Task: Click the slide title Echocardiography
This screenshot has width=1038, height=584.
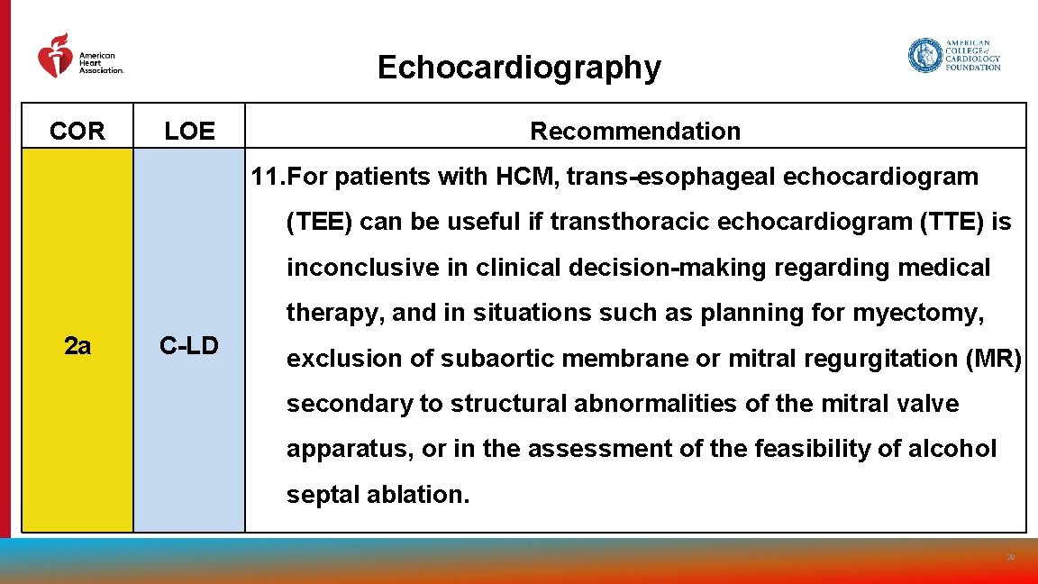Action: [518, 68]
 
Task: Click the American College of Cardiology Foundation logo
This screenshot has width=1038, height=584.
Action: [953, 55]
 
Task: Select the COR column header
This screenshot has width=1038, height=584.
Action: [77, 132]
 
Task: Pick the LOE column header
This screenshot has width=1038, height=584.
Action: [189, 132]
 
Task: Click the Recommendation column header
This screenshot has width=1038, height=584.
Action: [634, 132]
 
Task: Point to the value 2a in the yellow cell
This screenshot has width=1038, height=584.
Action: [77, 345]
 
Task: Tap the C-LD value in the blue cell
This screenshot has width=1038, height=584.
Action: [189, 345]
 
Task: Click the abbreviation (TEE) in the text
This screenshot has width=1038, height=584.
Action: [320, 222]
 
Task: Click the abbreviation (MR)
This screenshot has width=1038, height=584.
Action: [993, 359]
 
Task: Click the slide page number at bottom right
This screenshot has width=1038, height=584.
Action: [1010, 558]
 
